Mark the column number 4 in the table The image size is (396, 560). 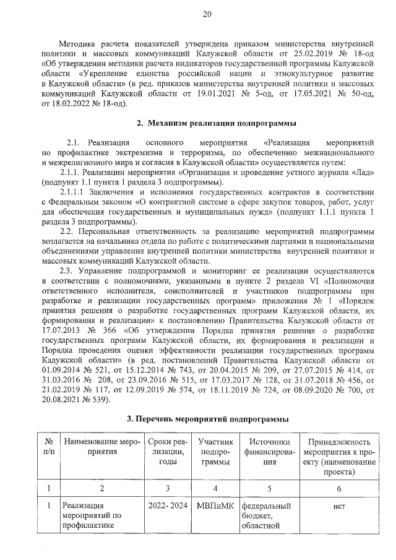pyautogui.click(x=215, y=488)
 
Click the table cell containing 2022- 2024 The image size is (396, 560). pyautogui.click(x=168, y=506)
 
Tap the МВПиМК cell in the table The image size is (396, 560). pyautogui.click(x=215, y=506)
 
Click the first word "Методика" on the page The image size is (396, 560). pyautogui.click(x=78, y=43)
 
